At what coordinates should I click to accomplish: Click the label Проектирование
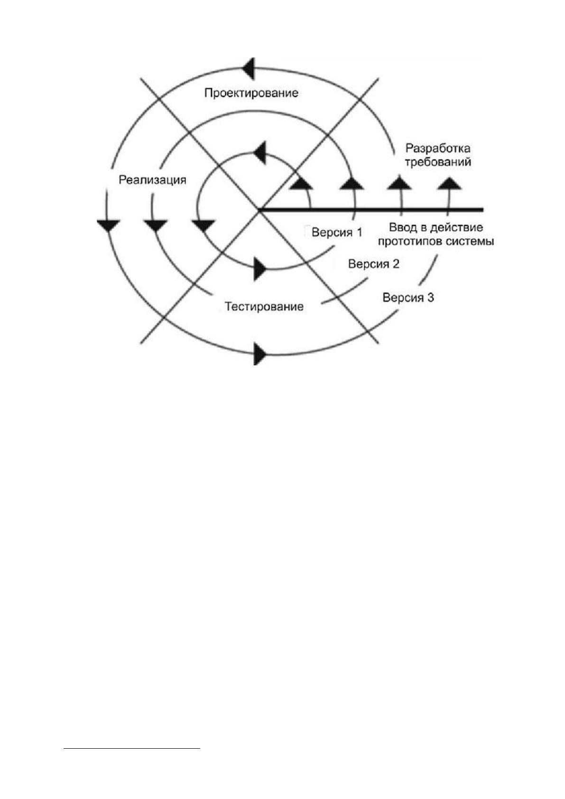(251, 93)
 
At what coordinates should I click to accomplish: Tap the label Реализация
(152, 180)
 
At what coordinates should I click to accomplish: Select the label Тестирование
(264, 307)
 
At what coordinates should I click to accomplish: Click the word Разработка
(438, 149)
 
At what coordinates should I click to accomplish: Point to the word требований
(438, 162)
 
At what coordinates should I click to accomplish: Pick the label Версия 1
(337, 232)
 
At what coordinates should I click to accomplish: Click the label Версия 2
(373, 264)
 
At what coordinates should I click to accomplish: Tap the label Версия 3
(408, 297)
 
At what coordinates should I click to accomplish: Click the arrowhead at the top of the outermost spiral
(248, 68)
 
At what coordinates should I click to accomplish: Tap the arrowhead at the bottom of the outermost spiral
(260, 355)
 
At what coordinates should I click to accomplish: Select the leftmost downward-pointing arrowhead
(108, 225)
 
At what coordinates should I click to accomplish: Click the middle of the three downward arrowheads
(155, 226)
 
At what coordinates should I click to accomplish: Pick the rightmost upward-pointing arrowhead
(449, 183)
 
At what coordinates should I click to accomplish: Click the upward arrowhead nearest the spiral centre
(301, 183)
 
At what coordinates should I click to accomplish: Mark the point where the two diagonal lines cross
(259, 211)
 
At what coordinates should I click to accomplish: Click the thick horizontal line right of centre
(371, 210)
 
